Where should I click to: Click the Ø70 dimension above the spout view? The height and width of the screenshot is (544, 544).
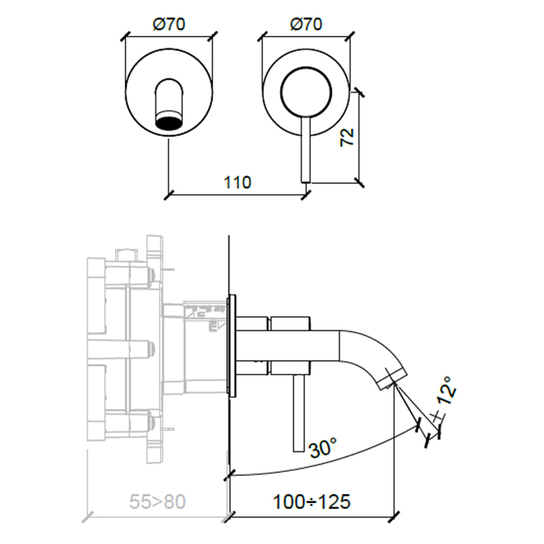pos(169,24)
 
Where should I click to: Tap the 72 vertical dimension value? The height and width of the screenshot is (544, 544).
pos(347,137)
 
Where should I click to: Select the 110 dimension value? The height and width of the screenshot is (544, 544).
pos(237,183)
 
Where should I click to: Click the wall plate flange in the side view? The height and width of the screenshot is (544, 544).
pos(231,346)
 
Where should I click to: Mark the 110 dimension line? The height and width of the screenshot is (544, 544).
pos(237,194)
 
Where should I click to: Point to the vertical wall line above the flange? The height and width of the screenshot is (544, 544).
pos(231,264)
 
